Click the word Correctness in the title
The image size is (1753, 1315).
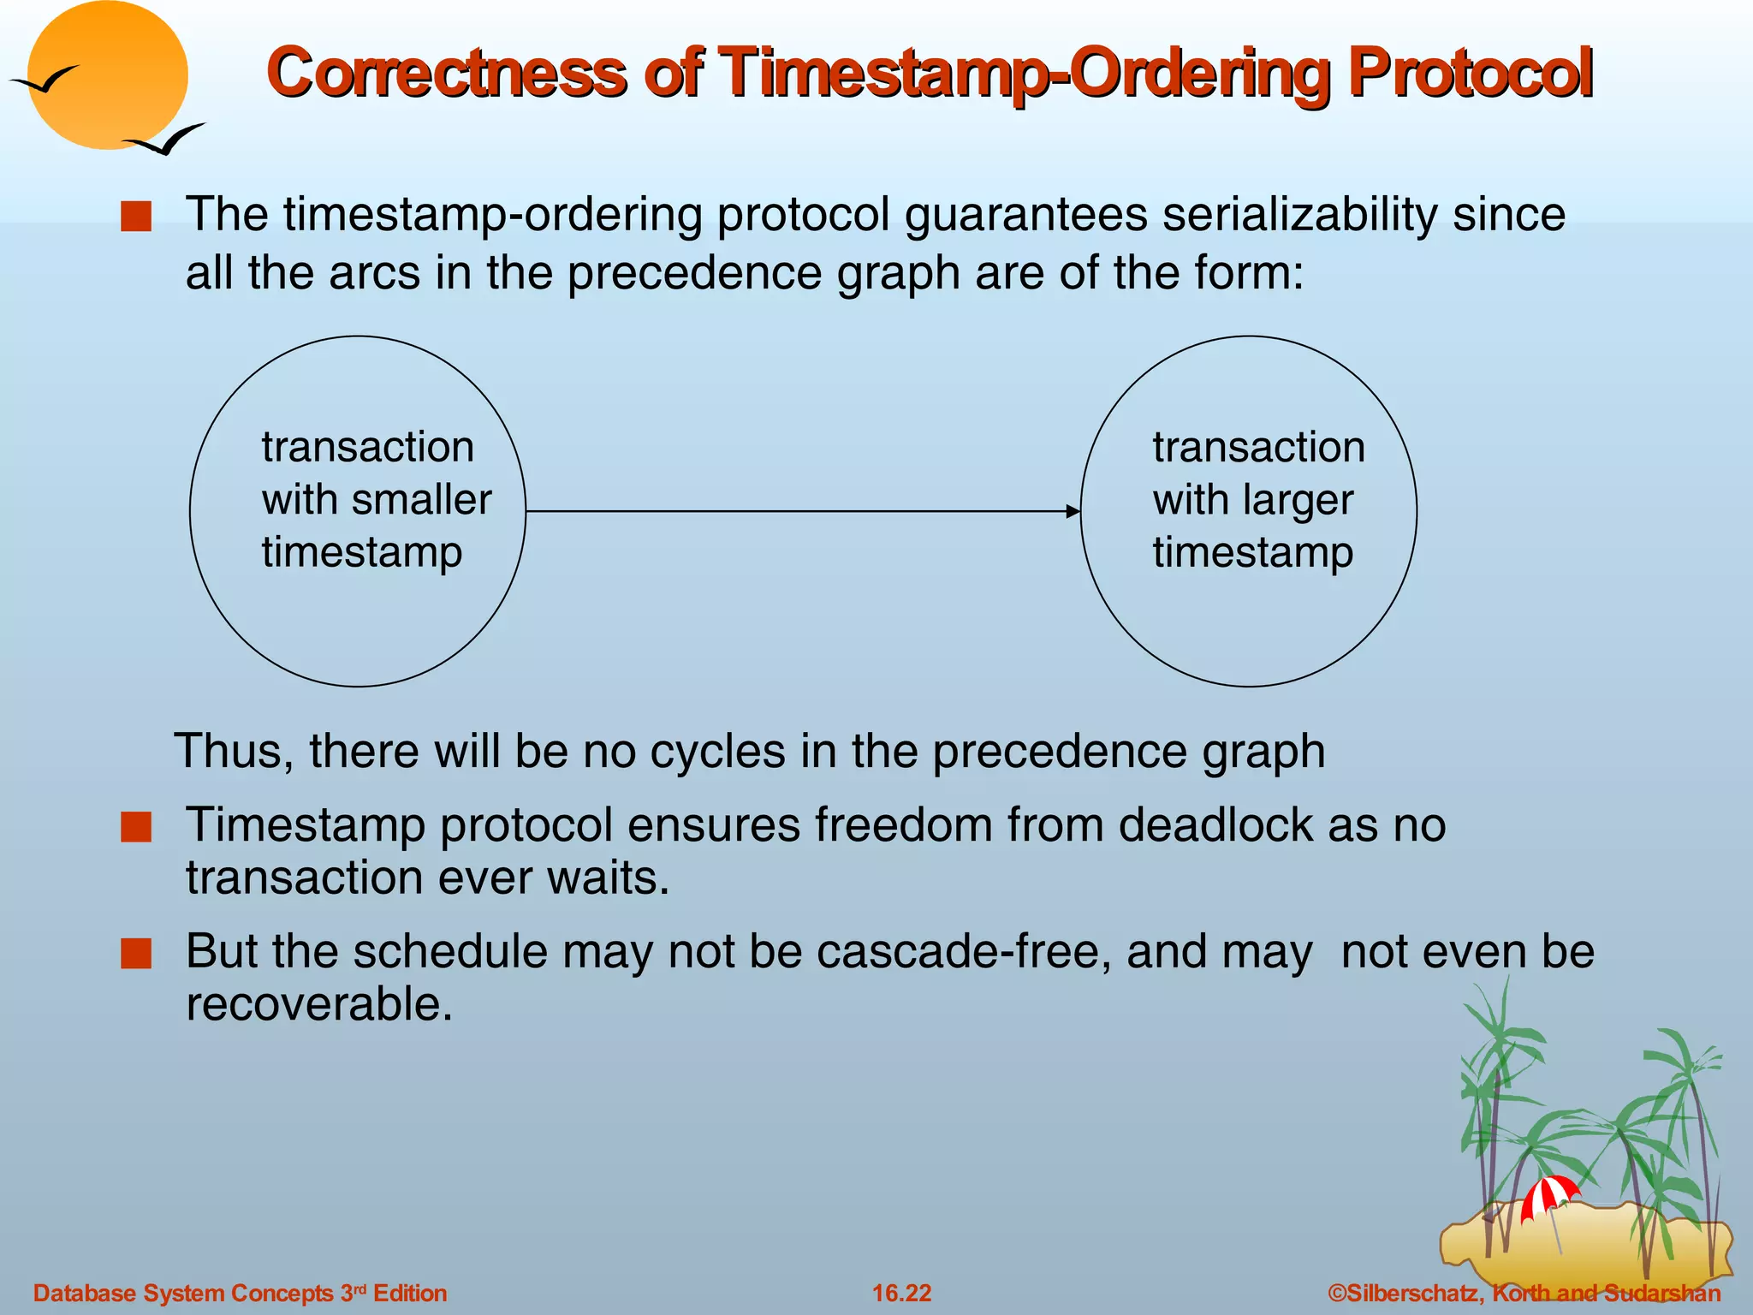click(446, 73)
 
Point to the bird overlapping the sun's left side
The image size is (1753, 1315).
click(45, 80)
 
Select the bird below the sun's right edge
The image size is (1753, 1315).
click(167, 140)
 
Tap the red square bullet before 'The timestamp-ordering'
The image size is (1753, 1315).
click(136, 217)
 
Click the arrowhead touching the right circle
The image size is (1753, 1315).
click(1073, 511)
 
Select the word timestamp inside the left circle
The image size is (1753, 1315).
click(362, 552)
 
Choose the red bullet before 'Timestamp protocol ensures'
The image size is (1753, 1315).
click(136, 828)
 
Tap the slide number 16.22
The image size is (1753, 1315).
click(901, 1293)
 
